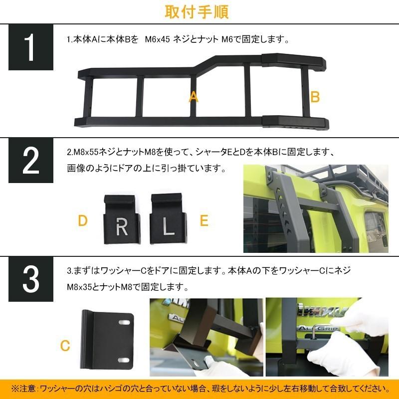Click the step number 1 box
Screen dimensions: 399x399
click(30, 47)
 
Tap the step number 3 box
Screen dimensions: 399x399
click(30, 280)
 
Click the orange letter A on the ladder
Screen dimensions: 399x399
click(194, 97)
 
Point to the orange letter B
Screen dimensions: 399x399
click(315, 97)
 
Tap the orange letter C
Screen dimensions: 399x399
click(64, 345)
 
